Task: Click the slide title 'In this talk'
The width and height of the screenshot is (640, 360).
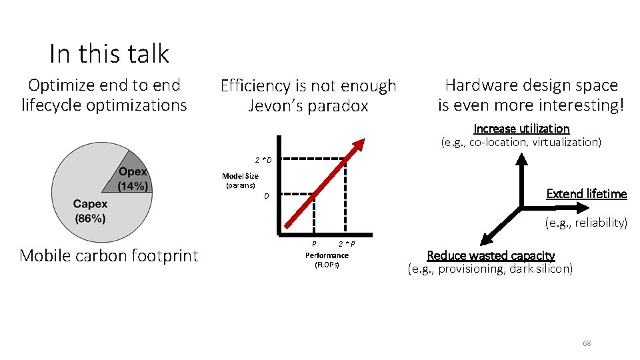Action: point(109,53)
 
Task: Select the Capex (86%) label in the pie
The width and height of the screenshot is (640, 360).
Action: point(90,211)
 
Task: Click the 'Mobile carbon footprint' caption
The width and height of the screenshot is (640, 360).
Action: point(109,255)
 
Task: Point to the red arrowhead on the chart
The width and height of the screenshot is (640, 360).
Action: point(359,144)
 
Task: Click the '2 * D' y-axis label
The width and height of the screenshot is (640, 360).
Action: point(263,160)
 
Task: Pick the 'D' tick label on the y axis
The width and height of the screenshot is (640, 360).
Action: point(266,197)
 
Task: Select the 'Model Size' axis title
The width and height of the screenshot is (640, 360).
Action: point(240,176)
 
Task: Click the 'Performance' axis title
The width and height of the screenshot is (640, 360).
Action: point(327,255)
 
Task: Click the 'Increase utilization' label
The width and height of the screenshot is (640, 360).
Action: point(521,128)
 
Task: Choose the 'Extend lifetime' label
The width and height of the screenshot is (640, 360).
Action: point(587,194)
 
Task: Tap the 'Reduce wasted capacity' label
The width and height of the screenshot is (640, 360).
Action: point(491,255)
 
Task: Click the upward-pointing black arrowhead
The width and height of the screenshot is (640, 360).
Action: point(521,159)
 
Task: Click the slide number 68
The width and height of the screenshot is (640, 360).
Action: point(587,343)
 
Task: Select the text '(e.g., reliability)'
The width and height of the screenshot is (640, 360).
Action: point(586,223)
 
